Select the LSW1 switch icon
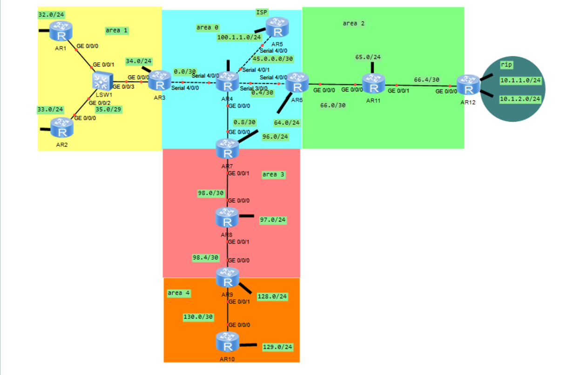click(x=100, y=82)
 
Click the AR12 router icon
click(x=467, y=86)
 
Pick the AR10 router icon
click(x=227, y=342)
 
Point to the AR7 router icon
click(x=227, y=149)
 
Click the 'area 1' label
click(x=116, y=30)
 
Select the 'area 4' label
click(x=179, y=293)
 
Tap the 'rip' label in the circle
click(x=506, y=65)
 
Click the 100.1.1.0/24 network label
click(x=239, y=37)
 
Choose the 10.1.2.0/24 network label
click(x=520, y=99)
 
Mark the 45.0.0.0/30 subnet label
click(x=273, y=59)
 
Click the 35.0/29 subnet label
click(x=108, y=110)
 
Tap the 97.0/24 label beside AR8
click(x=272, y=219)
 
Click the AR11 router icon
click(x=372, y=85)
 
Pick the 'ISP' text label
click(x=262, y=12)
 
